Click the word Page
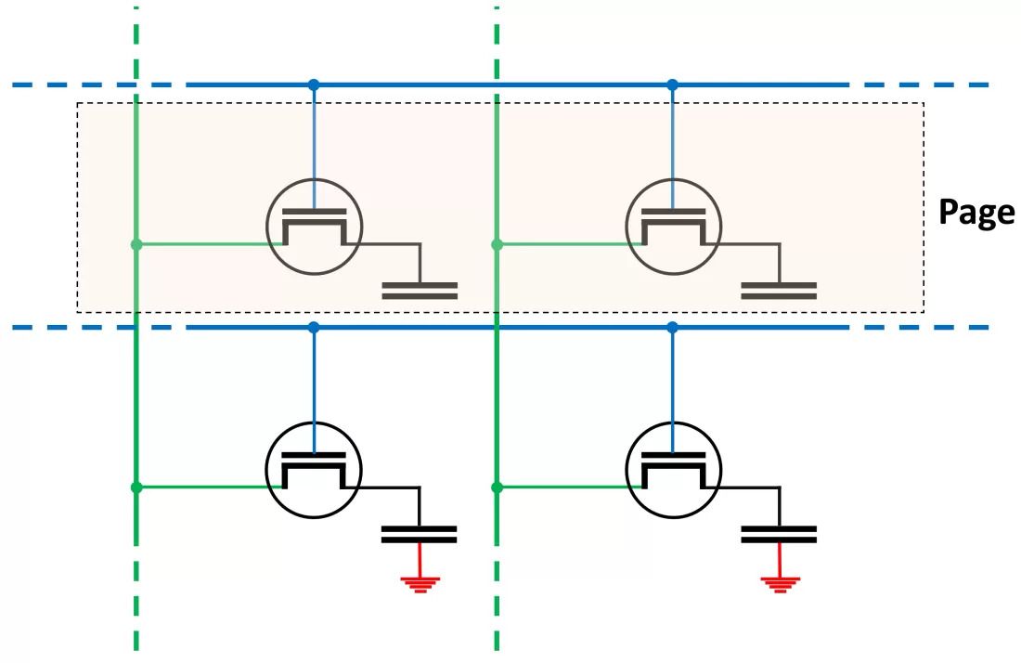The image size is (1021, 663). coord(976,213)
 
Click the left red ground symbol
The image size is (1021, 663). coord(420,584)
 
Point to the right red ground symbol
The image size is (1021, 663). coord(780,584)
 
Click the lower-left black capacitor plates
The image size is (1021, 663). coord(420,535)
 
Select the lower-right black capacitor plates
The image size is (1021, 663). coord(779,535)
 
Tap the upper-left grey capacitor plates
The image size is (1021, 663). coord(420,292)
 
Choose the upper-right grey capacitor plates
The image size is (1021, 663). coord(779,292)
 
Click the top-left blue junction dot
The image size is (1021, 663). coord(314,84)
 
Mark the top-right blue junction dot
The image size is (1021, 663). coord(673,84)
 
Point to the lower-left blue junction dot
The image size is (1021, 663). coord(314,328)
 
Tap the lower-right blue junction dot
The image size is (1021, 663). coord(673,328)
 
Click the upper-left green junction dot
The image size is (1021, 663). coord(136,244)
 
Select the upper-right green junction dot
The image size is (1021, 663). coord(497,244)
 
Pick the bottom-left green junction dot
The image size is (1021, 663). coord(136,487)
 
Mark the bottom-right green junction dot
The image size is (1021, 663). coord(497,487)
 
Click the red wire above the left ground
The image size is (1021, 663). coord(420,560)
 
